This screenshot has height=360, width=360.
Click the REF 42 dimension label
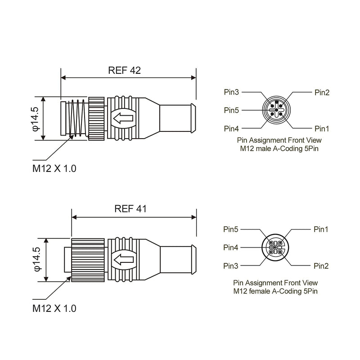[x=124, y=71]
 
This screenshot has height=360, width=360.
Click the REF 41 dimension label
[x=130, y=209]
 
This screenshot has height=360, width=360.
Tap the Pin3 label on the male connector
[x=231, y=92]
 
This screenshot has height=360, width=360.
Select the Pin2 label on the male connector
[x=322, y=93]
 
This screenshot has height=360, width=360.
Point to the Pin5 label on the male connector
[x=231, y=110]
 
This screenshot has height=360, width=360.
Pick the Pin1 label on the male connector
[x=322, y=129]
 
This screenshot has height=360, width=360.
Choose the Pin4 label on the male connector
[x=231, y=129]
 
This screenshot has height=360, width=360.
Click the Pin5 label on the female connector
[x=231, y=229]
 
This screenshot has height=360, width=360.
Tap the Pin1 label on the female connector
[x=321, y=229]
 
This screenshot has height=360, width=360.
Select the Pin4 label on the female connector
[x=231, y=247]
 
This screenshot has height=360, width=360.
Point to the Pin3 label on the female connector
[x=231, y=266]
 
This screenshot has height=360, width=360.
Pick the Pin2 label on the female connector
[x=321, y=266]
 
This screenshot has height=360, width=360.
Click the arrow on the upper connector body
[x=123, y=118]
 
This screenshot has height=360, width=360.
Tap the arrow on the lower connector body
[x=123, y=260]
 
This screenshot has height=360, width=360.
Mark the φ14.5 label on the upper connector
[x=36, y=119]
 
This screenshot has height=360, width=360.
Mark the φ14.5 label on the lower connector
[x=37, y=259]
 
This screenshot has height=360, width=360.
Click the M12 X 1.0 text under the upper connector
[x=54, y=168]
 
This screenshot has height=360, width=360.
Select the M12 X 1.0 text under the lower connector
[x=54, y=308]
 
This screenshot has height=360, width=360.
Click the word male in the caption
[x=263, y=148]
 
